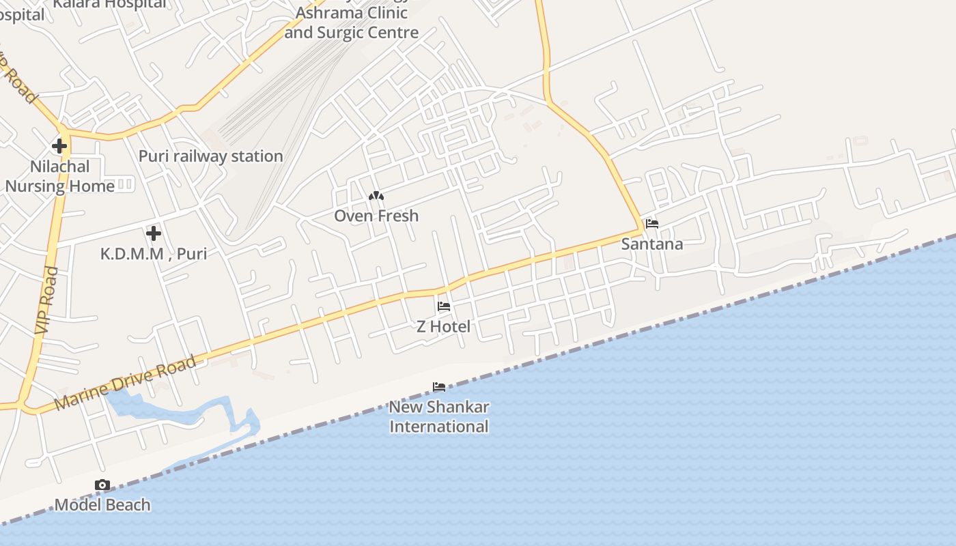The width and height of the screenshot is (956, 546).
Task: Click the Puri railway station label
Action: pos(210,156)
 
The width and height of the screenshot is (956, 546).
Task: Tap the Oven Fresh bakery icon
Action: pos(376,197)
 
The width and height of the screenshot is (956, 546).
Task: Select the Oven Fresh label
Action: pos(376,216)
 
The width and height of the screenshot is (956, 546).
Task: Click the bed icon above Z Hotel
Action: pos(444,306)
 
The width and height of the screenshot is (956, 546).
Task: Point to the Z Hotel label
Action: pos(444,326)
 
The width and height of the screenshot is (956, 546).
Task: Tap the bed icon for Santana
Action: pos(652,224)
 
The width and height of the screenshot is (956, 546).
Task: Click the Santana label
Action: pos(652,244)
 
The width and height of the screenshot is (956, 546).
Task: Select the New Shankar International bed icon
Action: pos(439,387)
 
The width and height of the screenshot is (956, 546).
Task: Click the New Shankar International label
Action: pos(439,416)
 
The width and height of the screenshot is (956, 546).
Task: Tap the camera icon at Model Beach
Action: pos(102,485)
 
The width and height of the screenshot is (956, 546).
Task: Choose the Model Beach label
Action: pos(102,505)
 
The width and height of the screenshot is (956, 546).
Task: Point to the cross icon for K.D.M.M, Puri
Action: pos(154,233)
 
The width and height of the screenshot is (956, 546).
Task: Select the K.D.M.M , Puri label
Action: pos(154,254)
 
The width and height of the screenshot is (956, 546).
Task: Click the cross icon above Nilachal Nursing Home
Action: pos(59,145)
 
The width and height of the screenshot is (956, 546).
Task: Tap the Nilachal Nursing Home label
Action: pos(60,176)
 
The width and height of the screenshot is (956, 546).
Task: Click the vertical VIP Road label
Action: pos(46,300)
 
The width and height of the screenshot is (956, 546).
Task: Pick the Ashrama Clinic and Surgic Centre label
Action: pos(352,23)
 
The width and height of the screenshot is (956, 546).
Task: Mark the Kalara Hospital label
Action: pos(109,4)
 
